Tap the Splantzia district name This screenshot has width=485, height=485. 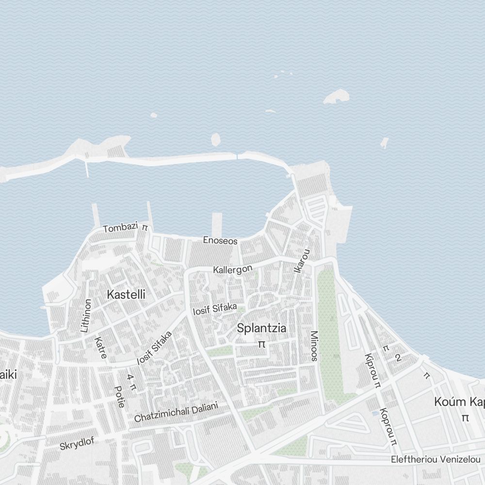(261, 328)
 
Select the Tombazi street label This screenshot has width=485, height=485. (120, 227)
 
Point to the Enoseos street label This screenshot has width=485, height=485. (220, 241)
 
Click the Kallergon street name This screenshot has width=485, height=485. (233, 269)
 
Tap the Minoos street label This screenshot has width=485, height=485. (314, 346)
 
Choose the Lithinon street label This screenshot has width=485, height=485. (86, 315)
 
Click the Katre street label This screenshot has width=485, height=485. (101, 348)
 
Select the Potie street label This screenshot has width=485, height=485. (119, 396)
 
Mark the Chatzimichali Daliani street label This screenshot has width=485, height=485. (176, 412)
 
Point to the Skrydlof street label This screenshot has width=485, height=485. (77, 443)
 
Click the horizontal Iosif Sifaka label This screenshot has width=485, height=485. (215, 308)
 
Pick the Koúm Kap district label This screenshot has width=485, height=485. (459, 402)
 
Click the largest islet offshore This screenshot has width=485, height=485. (337, 96)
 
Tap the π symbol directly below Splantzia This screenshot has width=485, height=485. (262, 344)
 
